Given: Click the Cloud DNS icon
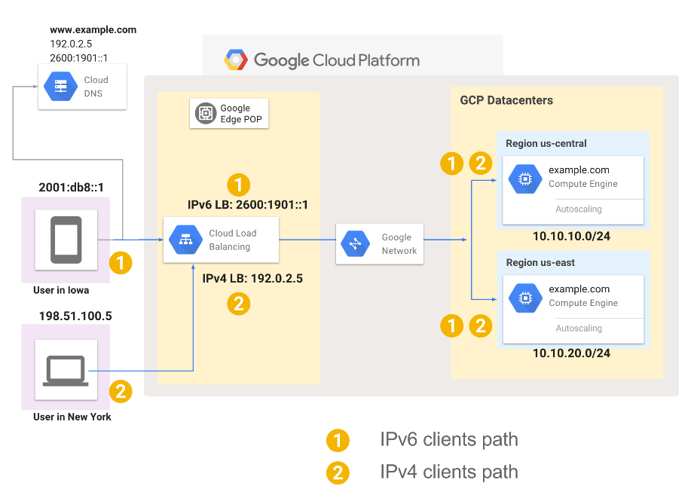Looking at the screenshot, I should point(60,87).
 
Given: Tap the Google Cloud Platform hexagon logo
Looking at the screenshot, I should point(236,60).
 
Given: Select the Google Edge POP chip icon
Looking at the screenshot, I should point(205,114).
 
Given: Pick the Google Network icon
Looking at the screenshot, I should point(356,243).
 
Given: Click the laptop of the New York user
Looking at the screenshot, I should point(66,370).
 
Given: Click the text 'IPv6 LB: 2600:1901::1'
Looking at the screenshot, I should point(248,204).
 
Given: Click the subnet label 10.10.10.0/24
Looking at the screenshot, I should point(571,236).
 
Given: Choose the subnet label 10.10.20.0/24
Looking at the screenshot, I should point(571,353).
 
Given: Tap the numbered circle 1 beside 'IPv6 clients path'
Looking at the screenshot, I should point(338,440).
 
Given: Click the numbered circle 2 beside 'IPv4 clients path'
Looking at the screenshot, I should point(338,472).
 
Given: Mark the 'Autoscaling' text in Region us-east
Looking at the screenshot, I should point(579,328).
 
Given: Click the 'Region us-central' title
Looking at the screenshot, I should point(546,143).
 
